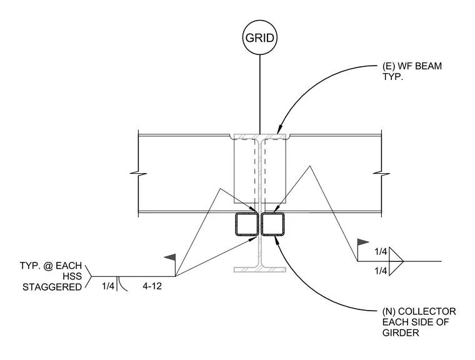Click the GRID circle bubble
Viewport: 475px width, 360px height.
pos(259,37)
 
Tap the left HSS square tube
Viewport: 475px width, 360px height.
pos(246,224)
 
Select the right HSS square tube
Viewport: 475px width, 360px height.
pos(273,224)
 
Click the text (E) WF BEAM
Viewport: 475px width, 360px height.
pos(412,66)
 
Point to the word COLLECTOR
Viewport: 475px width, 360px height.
pos(427,311)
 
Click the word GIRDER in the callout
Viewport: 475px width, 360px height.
pos(401,332)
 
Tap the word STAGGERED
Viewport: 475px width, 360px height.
pos(52,287)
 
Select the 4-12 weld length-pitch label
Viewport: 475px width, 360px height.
pos(152,286)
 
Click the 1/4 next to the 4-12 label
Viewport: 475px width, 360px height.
pos(108,286)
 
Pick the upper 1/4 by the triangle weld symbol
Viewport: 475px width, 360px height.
pos(381,251)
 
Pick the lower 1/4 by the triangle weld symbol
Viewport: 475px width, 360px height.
pos(381,271)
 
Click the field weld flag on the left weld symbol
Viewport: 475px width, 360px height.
pos(170,257)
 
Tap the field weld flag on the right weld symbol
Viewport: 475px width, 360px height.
pos(363,242)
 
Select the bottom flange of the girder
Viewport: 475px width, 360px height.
pos(259,270)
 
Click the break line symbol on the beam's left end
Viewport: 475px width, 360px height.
pos(139,174)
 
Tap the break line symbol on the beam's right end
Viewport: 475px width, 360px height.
pos(381,173)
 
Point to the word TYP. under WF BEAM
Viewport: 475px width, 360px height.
pos(392,77)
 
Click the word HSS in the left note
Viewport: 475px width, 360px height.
pos(72,276)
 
